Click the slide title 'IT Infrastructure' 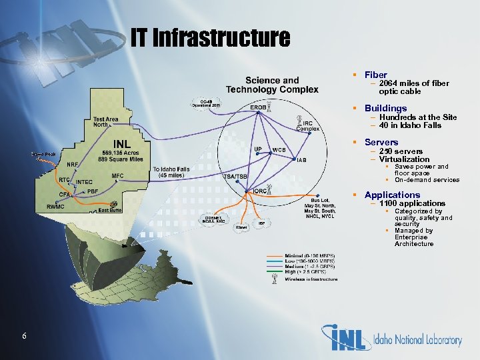(x=211, y=38)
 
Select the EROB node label (x=258, y=107)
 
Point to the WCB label (x=279, y=150)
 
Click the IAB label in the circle (x=301, y=160)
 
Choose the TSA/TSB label (x=235, y=176)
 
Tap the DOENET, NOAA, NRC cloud (x=214, y=219)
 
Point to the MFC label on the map (x=118, y=176)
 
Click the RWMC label (x=55, y=207)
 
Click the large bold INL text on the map (x=121, y=143)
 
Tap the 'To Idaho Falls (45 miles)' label (x=171, y=172)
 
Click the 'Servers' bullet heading (x=381, y=142)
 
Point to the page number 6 (x=23, y=336)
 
